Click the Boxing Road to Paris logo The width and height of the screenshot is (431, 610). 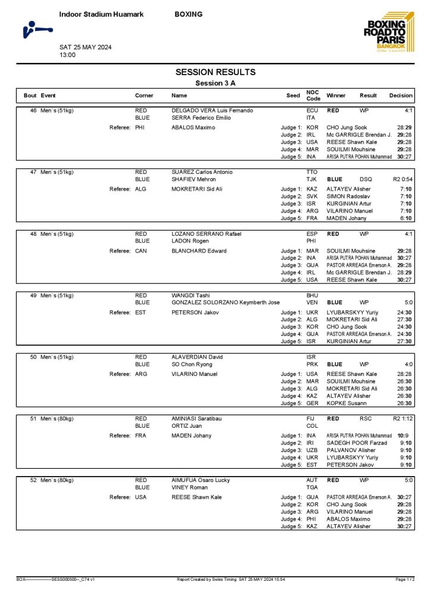tap(387, 34)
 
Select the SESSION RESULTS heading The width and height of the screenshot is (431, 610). tap(215, 72)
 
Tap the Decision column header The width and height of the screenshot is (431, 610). tap(401, 95)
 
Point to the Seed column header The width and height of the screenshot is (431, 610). tap(293, 95)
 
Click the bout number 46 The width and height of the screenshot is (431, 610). tap(33, 111)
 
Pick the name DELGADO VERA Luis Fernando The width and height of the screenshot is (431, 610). tap(212, 111)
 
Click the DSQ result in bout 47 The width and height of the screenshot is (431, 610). tap(366, 179)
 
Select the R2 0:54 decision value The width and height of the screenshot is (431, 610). tap(402, 179)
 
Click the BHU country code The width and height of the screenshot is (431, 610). tap(313, 295)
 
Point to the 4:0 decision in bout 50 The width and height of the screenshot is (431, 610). tap(408, 365)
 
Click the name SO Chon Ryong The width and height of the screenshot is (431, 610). tap(192, 365)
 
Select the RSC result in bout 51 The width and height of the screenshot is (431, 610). tap(366, 419)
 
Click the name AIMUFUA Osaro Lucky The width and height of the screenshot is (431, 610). tap(200, 480)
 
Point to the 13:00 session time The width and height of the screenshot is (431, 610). tap(67, 55)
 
